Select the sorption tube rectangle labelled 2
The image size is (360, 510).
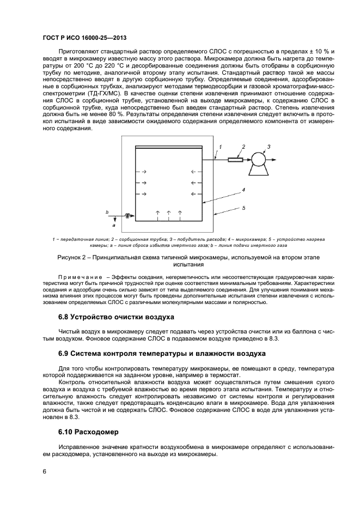pos(236,159)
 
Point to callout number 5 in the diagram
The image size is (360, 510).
pos(244,208)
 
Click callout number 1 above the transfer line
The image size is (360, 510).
pos(221,147)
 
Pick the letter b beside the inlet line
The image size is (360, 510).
pos(107,211)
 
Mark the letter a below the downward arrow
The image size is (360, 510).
pos(114,224)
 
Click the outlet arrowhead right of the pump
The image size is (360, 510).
pos(280,159)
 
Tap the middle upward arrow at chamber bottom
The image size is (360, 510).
pos(168,212)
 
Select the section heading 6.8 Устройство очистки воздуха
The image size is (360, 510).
pos(116,317)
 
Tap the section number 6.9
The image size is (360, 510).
pos(65,354)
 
